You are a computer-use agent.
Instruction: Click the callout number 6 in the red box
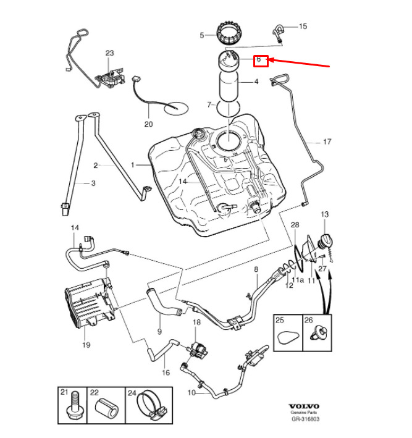(259, 59)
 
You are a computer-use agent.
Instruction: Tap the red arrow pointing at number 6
(299, 63)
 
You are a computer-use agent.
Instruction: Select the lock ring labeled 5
(229, 33)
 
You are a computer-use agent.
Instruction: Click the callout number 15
(303, 27)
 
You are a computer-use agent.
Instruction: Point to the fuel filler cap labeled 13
(326, 242)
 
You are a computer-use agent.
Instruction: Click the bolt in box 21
(74, 405)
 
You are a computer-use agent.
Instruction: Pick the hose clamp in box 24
(151, 405)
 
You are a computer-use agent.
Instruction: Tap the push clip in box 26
(319, 333)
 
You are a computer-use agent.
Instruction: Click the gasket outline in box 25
(288, 338)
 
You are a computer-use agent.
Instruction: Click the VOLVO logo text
(304, 406)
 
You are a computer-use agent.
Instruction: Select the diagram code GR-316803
(305, 419)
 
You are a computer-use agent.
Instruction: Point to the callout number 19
(86, 345)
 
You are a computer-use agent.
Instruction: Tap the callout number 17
(327, 142)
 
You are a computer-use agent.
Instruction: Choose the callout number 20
(149, 124)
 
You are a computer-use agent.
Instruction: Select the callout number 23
(110, 53)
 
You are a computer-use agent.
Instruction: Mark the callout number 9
(159, 332)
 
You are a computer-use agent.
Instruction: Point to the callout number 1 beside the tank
(133, 165)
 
